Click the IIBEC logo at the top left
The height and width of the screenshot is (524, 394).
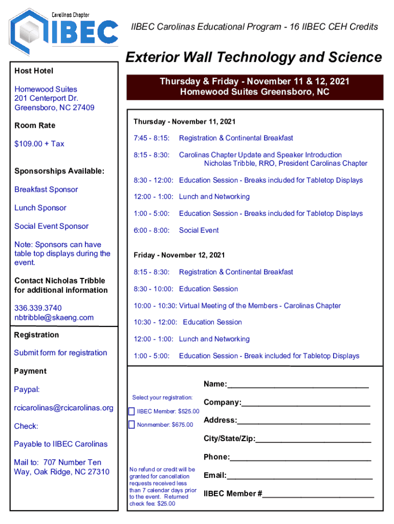pos(64,32)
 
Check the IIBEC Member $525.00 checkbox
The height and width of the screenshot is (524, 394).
pos(132,411)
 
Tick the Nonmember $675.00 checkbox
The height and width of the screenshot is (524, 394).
pos(132,424)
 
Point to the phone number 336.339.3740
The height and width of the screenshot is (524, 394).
pos(38,308)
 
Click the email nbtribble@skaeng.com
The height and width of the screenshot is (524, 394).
pos(54,317)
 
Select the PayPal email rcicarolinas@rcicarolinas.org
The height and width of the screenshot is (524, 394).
pos(63,408)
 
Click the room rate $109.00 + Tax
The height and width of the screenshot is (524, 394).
pos(39,144)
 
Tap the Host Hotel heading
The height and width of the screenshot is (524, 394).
pos(34,71)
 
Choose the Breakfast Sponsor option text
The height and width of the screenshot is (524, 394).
pos(46,189)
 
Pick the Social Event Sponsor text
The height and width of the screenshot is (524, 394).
pos(51,226)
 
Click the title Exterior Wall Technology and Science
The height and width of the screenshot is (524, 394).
pos(254,57)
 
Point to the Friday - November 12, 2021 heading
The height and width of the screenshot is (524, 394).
pos(179,255)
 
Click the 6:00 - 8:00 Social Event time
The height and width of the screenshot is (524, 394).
pos(151,230)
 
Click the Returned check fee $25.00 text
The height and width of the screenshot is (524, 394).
pos(159,500)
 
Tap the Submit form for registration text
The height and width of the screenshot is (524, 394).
pos(60,353)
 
